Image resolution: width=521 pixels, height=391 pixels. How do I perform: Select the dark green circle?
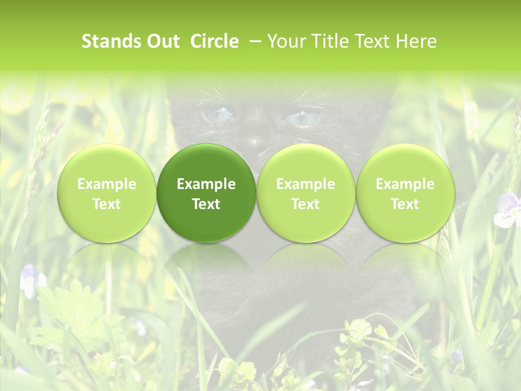[x=206, y=192]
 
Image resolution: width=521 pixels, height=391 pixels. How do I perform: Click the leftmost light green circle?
[x=106, y=192]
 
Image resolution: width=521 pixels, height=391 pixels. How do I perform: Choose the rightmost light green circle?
[x=405, y=192]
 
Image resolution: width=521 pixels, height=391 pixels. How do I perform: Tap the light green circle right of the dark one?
[x=306, y=192]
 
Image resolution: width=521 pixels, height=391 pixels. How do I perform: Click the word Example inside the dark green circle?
[x=206, y=184]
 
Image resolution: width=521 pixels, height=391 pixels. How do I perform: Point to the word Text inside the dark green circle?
[x=206, y=204]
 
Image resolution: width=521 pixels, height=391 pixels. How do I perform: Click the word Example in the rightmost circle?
[x=405, y=184]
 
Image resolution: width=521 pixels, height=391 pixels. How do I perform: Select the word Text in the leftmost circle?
[x=106, y=204]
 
